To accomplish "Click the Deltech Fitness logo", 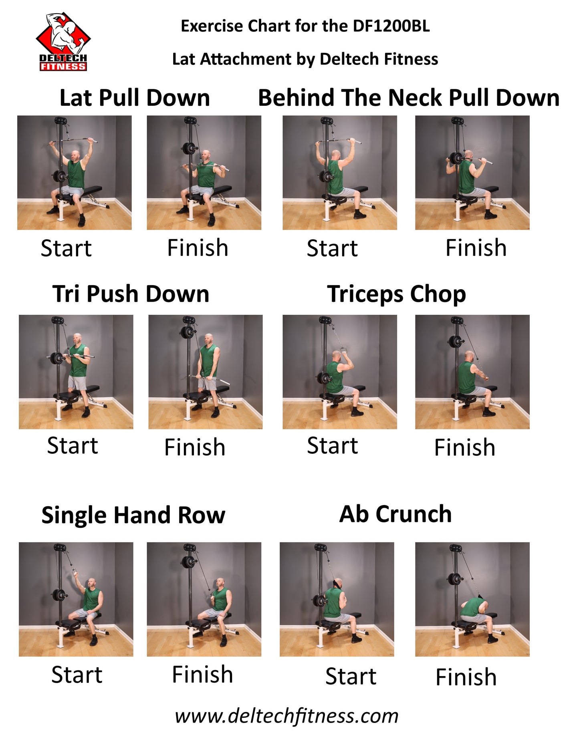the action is pyautogui.click(x=63, y=42).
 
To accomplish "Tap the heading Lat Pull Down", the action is pyautogui.click(x=135, y=98).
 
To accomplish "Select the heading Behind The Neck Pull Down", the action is pyautogui.click(x=409, y=98).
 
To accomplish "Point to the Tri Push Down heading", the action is pyautogui.click(x=131, y=294).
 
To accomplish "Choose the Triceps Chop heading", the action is pyautogui.click(x=397, y=294).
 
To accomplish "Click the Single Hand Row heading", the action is pyautogui.click(x=133, y=515).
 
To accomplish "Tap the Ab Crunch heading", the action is pyautogui.click(x=395, y=514).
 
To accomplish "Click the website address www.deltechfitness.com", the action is pyautogui.click(x=287, y=716).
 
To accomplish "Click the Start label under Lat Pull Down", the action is pyautogui.click(x=66, y=248).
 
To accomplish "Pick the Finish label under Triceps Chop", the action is pyautogui.click(x=465, y=447).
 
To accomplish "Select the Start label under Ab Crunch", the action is pyautogui.click(x=351, y=677).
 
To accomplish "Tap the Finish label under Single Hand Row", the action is pyautogui.click(x=202, y=675).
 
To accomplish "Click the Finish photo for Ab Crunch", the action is pyautogui.click(x=472, y=599).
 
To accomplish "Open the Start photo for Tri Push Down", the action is pyautogui.click(x=76, y=372).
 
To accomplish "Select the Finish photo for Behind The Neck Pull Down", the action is pyautogui.click(x=472, y=173).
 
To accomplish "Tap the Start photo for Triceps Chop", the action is pyautogui.click(x=340, y=372).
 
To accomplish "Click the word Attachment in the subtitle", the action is pyautogui.click(x=245, y=59).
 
